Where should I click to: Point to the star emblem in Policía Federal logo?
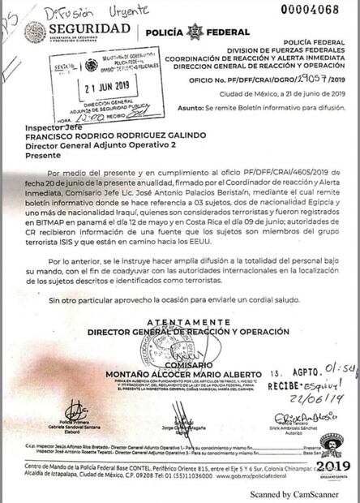[x=193, y=32]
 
